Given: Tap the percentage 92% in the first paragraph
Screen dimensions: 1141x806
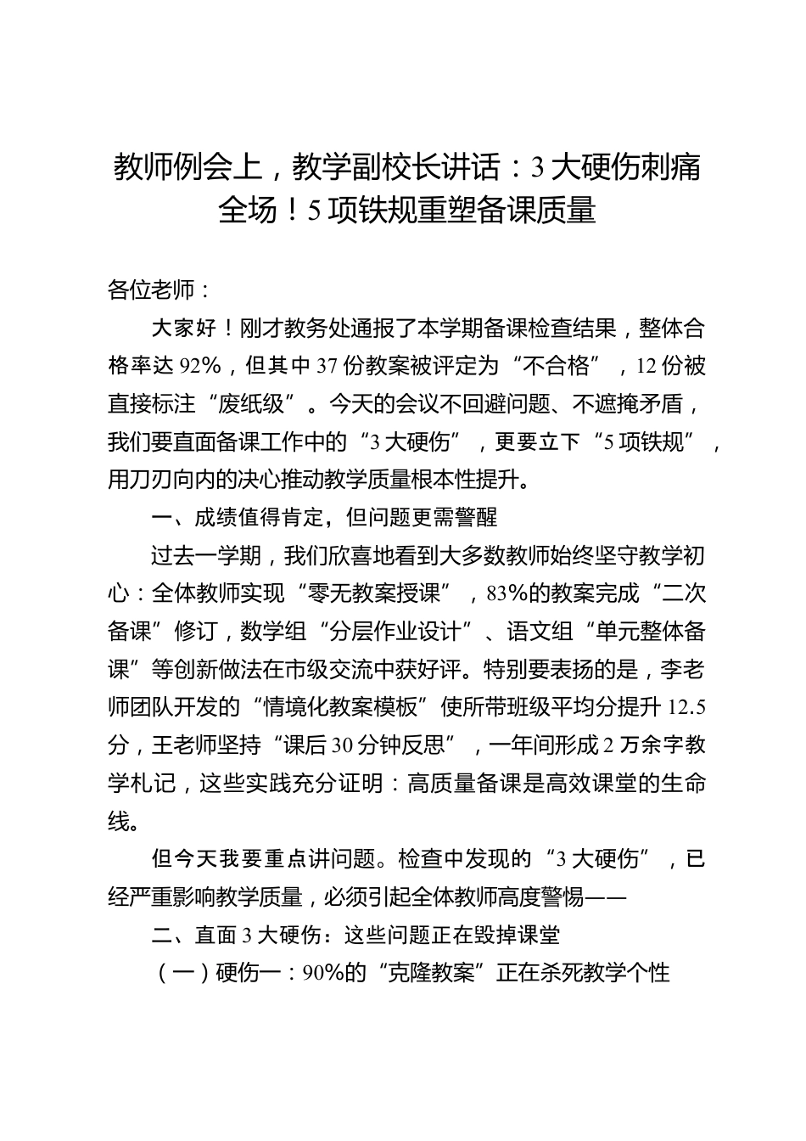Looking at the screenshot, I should (x=200, y=366).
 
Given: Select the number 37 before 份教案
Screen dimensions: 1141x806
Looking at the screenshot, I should (x=327, y=366).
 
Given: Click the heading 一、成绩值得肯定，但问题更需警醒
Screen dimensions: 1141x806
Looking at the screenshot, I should (x=323, y=517).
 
